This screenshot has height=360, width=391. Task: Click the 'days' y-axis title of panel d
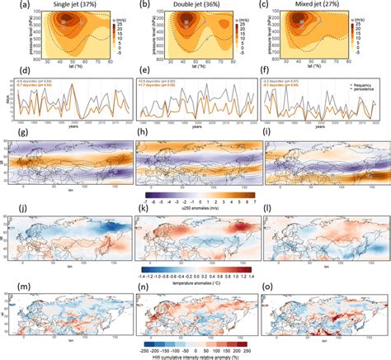4,101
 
